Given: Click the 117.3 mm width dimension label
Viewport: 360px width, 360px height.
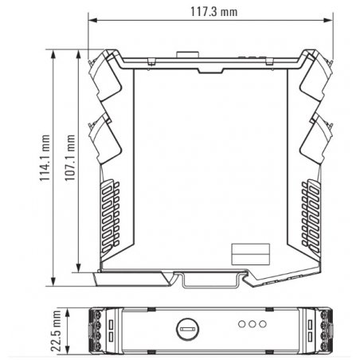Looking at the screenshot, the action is coord(214,12).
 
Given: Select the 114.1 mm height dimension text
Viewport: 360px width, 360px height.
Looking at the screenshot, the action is coord(45,158).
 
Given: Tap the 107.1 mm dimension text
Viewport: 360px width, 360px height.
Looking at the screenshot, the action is coord(70,158).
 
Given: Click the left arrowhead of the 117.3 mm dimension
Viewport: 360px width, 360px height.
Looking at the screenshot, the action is coord(92,21).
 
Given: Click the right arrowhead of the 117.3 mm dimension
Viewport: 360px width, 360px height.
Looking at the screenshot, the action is coord(329,21).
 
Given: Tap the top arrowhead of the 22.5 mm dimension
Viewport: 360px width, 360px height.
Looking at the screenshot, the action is coord(68,312).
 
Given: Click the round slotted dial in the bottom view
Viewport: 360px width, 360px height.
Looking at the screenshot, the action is coord(188,329).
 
